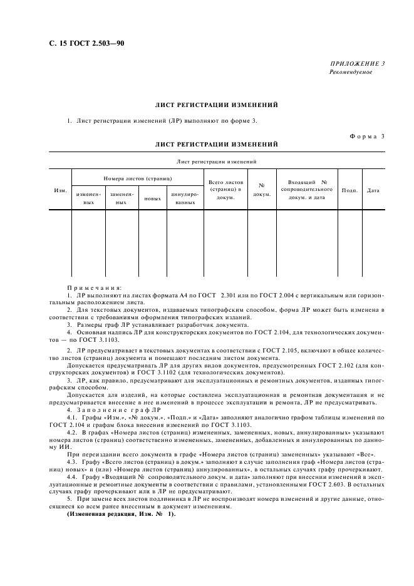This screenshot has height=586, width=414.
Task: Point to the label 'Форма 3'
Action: pos(365,136)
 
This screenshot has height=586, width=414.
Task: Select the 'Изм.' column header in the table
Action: pos(60,190)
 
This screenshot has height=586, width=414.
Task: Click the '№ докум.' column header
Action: pos(261,190)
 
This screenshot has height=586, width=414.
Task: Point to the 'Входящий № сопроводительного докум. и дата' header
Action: pos(306,189)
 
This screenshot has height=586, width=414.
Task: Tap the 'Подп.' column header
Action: pos(349,190)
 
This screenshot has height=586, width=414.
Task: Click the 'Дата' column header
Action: pos(373,190)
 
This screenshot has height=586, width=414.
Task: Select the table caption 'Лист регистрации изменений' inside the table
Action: pos(217,162)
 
